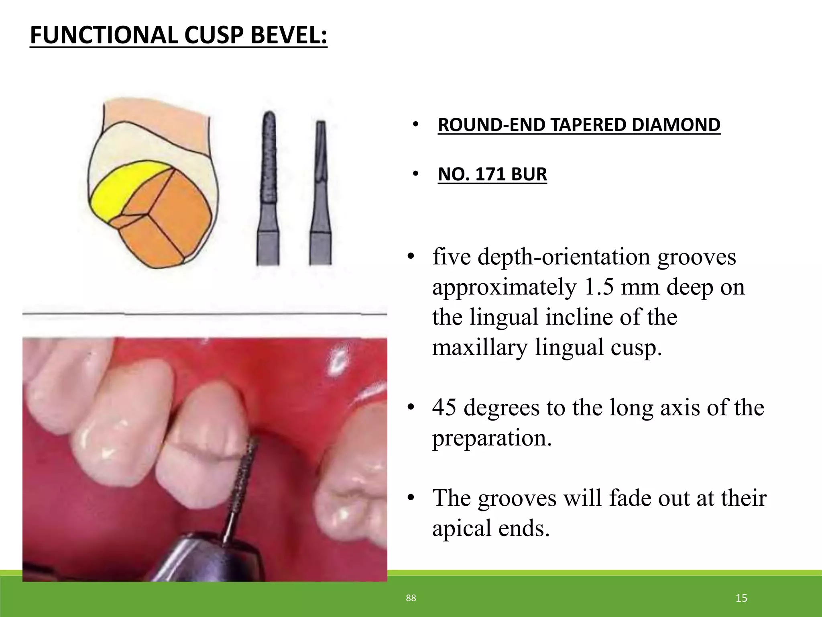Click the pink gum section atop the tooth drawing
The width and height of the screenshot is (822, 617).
[157, 121]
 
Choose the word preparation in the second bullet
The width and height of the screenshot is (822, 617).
[492, 438]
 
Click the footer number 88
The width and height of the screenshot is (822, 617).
[411, 599]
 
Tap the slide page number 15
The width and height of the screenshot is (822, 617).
[741, 599]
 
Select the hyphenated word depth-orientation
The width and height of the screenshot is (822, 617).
[564, 257]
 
